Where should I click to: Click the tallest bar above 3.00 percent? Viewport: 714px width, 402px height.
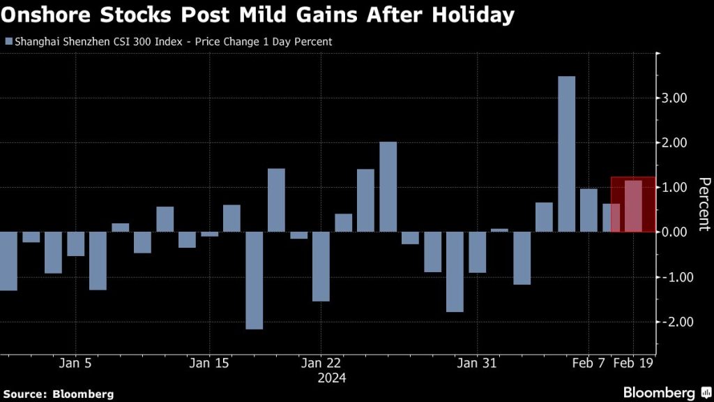coord(566,154)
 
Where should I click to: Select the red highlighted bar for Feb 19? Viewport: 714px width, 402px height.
coord(633,206)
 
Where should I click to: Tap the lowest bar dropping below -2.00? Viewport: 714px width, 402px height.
coord(254,280)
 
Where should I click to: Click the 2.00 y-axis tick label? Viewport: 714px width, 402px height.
coord(675,143)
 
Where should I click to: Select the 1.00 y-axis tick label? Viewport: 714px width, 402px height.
coord(675,188)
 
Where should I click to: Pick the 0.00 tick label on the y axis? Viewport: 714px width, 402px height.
coord(675,232)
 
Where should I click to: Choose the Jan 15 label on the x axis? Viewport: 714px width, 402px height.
coord(209,362)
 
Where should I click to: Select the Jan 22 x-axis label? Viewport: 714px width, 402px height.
coord(321,362)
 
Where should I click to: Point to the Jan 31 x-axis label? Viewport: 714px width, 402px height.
coord(477,362)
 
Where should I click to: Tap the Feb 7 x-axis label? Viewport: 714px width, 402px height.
coord(588,362)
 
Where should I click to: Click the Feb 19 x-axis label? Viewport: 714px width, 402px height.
coord(632,362)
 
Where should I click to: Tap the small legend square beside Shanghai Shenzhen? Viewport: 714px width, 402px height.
coord(8,42)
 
